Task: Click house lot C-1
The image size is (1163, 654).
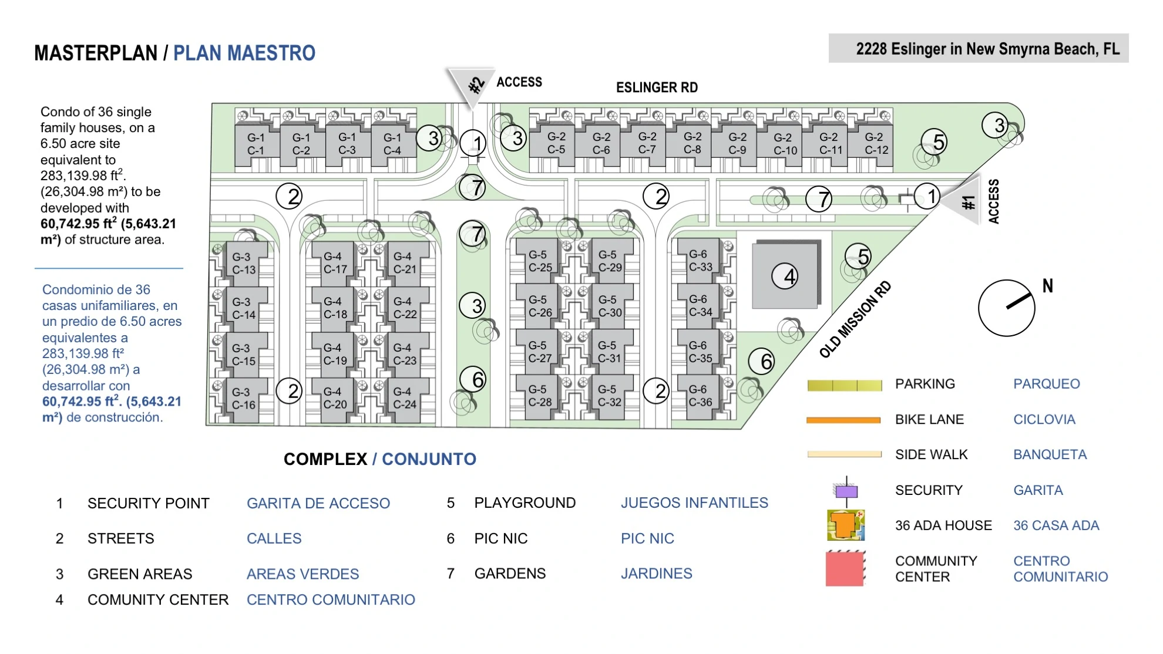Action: [x=256, y=144]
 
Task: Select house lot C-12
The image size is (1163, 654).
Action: [x=876, y=143]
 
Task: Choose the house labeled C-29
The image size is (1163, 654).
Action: [x=611, y=261]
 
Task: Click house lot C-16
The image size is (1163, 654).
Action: [x=243, y=399]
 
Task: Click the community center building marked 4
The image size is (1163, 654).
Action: [x=785, y=275]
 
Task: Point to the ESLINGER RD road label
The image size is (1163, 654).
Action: [x=657, y=87]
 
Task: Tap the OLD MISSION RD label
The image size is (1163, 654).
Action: [x=855, y=319]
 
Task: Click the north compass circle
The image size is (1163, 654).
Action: [x=1007, y=308]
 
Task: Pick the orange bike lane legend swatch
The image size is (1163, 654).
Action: [x=843, y=420]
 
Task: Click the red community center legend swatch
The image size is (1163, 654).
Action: [x=845, y=569]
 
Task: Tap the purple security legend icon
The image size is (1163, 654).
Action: [x=846, y=491]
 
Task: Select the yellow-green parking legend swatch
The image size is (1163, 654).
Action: [x=845, y=385]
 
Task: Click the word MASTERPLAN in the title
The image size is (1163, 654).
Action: [x=96, y=53]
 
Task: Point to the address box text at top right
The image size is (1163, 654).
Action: [x=987, y=49]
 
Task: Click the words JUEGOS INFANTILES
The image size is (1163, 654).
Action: [x=694, y=503]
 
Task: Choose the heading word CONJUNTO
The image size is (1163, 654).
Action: [x=429, y=459]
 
